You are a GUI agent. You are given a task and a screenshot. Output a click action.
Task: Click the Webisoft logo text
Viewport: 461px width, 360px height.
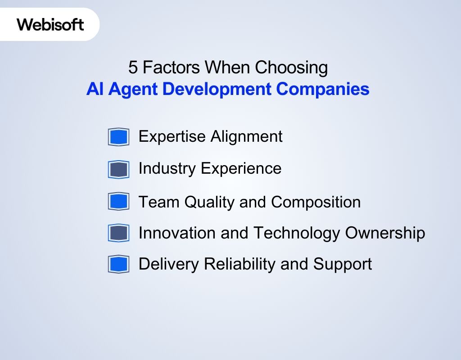coord(50,24)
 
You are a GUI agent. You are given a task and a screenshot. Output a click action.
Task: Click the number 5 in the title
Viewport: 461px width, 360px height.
coord(133,67)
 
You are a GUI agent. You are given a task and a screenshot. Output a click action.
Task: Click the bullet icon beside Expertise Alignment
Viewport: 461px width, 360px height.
coord(118,137)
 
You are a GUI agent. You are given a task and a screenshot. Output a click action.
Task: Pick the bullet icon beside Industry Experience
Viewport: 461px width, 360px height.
coord(118,169)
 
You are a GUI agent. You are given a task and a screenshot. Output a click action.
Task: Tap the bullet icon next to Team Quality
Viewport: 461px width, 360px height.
coord(118,201)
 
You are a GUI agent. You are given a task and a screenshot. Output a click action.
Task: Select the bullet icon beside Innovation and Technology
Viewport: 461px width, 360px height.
coord(118,233)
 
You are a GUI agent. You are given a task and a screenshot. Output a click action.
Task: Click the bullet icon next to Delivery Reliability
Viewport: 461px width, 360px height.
coord(118,264)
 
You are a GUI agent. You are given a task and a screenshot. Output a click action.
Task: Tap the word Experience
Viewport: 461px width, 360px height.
coord(241,168)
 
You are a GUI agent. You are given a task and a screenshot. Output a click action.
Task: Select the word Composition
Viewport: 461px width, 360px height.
coord(316,202)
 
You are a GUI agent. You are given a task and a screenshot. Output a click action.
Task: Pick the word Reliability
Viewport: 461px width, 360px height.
coord(240,264)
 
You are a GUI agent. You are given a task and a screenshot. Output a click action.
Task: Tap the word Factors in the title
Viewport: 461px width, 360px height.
coord(172,67)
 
